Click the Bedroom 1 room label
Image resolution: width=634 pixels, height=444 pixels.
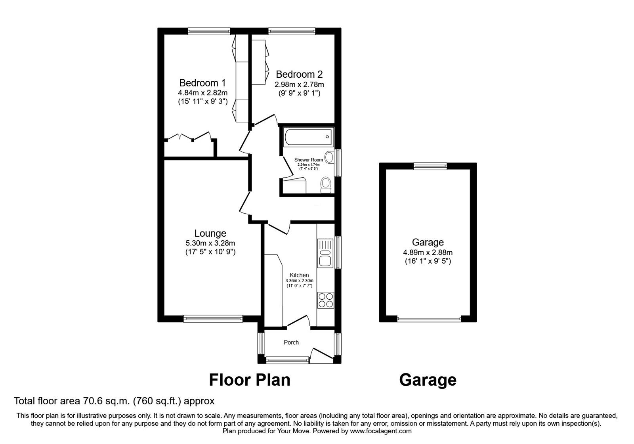[x=202, y=83]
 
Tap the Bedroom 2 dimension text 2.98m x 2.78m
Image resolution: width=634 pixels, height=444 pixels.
[x=299, y=84]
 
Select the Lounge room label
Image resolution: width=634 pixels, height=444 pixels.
[x=210, y=233]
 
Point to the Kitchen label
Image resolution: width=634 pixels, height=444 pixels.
[x=299, y=275]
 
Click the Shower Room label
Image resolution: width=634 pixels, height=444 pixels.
[x=308, y=160]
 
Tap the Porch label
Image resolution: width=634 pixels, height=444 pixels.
[x=291, y=342]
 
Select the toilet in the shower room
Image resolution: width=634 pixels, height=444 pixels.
[x=326, y=184]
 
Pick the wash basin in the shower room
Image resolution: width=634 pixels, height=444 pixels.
[x=328, y=157]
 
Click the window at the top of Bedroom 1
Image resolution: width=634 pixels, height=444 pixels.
[x=209, y=31]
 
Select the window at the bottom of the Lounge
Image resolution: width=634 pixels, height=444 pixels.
[x=213, y=318]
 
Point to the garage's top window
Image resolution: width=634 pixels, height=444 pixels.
[x=430, y=166]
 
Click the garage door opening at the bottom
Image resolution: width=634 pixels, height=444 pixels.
[x=430, y=318]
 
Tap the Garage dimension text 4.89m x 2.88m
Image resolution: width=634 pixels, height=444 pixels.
[x=428, y=252]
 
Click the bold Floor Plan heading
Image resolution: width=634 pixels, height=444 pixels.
[x=250, y=379]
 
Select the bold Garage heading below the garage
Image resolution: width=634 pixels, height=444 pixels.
[x=428, y=379]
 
